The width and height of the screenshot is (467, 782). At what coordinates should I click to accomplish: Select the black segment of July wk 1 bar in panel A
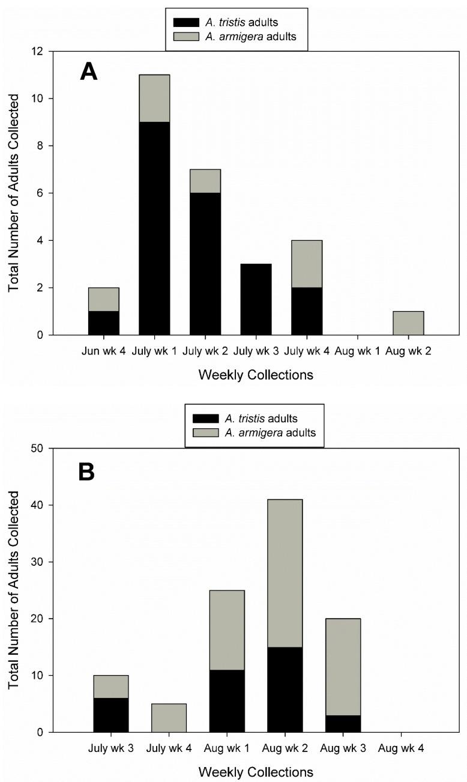[x=154, y=228]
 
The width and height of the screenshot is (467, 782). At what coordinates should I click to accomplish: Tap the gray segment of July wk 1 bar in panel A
[x=154, y=99]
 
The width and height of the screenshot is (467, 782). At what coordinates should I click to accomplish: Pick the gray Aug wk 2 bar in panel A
[x=408, y=323]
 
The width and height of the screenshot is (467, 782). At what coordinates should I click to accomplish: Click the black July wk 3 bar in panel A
[x=256, y=299]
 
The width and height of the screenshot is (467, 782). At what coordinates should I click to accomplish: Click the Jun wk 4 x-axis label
[x=103, y=350]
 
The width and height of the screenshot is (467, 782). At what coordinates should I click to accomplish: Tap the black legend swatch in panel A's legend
[x=186, y=22]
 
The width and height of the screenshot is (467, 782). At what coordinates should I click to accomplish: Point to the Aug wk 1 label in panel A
[x=357, y=350]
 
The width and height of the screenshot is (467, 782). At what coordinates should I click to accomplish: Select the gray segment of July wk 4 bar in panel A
[x=307, y=264]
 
